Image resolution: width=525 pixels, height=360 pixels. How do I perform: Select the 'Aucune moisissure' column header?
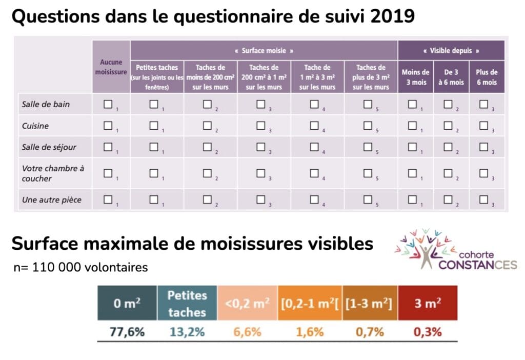point(111,67)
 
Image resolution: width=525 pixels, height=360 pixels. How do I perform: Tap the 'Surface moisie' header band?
point(264,51)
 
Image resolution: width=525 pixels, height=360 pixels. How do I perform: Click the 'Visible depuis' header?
point(451,51)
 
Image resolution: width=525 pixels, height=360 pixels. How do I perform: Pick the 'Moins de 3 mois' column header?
point(415,77)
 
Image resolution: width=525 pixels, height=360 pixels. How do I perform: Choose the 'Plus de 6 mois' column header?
point(487,77)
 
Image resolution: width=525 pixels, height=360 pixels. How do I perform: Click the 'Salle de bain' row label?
point(46,104)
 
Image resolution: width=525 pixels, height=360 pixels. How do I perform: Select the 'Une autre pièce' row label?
point(52,199)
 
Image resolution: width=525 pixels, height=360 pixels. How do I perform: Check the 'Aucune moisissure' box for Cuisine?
point(108,126)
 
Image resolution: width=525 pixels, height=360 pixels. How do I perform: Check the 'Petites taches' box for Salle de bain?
point(154,104)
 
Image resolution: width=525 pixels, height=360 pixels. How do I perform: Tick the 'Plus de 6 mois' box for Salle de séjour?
point(483,147)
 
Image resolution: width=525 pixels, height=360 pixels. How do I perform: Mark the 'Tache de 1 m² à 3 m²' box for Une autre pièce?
point(314,199)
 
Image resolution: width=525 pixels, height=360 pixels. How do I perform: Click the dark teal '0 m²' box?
point(127,303)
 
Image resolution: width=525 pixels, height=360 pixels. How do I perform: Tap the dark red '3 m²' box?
point(428,303)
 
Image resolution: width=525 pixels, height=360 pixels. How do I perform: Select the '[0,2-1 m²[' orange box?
point(310,303)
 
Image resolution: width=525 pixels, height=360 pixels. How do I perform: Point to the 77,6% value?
point(127,331)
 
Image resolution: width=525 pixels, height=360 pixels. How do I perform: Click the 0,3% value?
point(428,331)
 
